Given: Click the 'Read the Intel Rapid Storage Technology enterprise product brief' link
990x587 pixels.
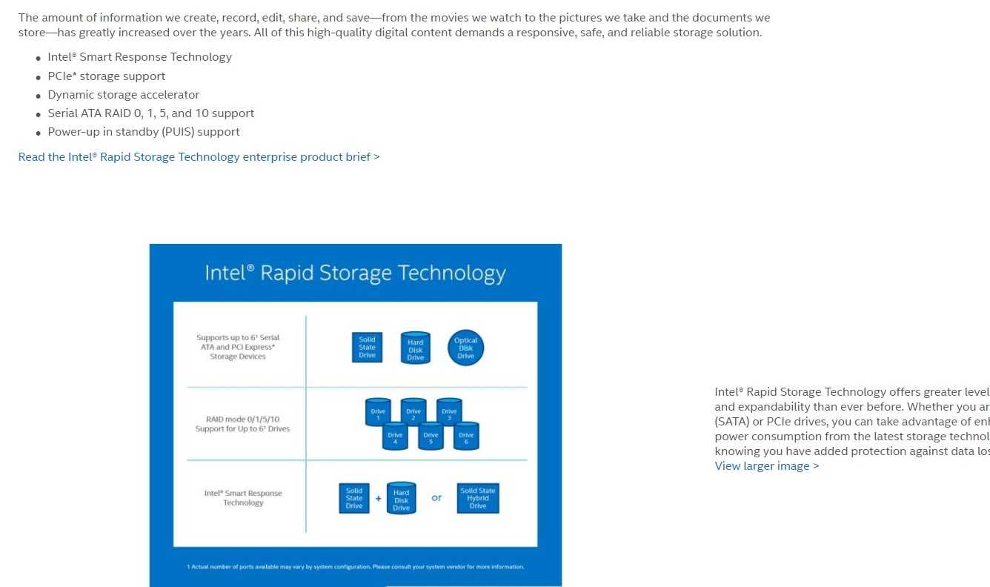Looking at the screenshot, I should [199, 157].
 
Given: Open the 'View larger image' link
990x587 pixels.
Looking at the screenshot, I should [766, 466].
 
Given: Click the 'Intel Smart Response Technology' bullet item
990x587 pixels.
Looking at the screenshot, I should [139, 57].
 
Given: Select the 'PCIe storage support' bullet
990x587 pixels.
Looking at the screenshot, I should [106, 76].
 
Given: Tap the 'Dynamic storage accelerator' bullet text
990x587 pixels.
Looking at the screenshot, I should [123, 95].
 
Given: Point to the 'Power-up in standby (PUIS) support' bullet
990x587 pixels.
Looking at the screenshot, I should [144, 132].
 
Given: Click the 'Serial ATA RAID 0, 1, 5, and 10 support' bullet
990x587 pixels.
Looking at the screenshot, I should [150, 113].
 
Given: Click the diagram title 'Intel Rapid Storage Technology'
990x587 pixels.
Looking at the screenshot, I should [355, 273].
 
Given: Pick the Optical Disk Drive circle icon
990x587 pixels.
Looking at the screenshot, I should [465, 348].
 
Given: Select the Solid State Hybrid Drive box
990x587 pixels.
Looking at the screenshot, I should [478, 498].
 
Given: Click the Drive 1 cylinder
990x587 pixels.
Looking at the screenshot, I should [378, 412].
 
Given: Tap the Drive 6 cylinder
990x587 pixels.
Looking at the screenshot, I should [466, 436].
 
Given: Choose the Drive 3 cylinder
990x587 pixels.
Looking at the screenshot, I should [449, 412].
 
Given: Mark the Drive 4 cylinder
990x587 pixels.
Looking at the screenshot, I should [395, 436].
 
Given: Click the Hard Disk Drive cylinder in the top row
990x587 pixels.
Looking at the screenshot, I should [416, 348].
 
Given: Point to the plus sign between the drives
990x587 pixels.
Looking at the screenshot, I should [378, 499].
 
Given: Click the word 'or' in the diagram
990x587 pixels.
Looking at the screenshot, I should [436, 498].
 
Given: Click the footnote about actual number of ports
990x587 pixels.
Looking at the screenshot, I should [355, 567].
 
